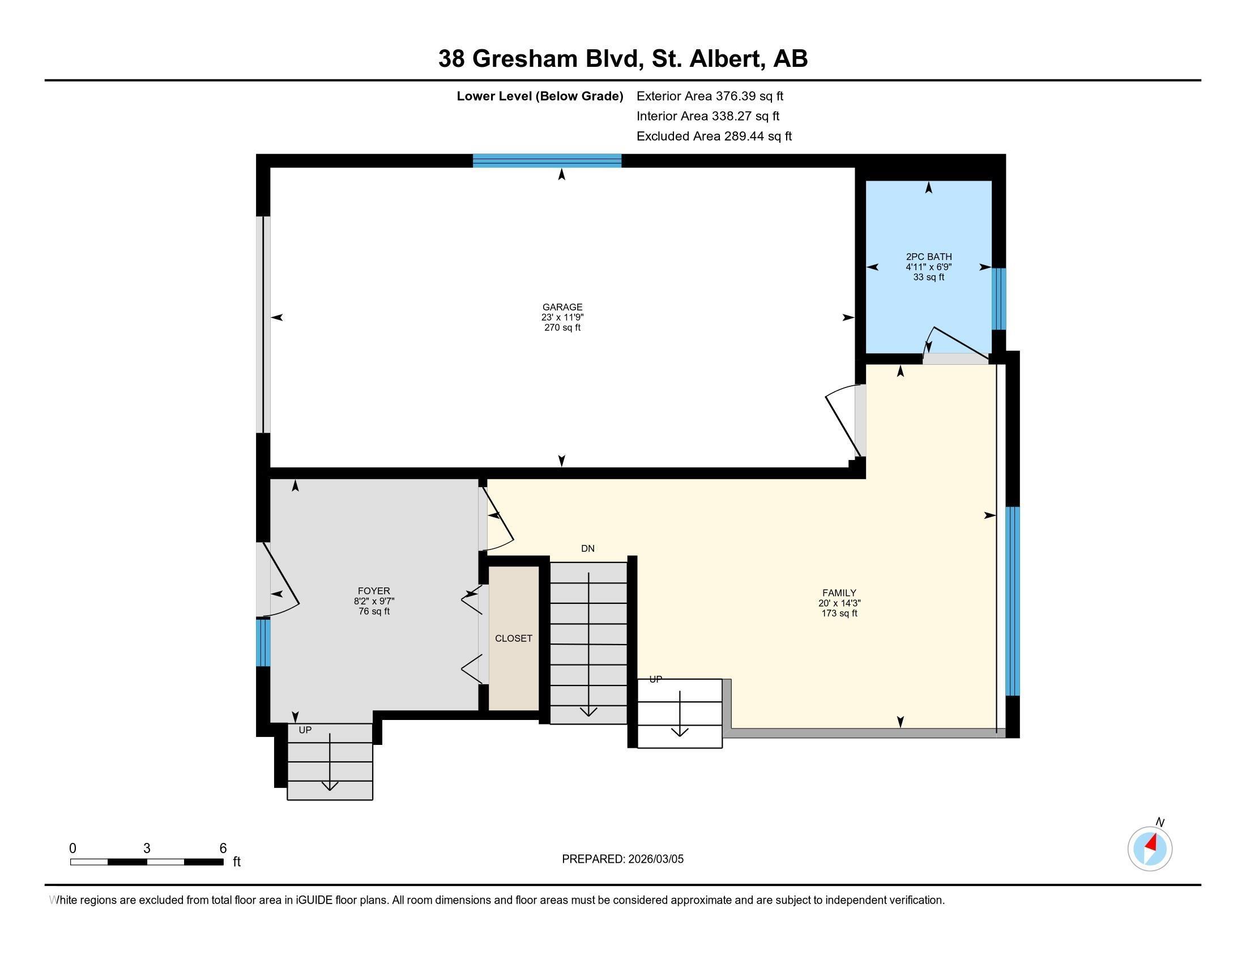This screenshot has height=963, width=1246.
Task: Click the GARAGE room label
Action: point(562,307)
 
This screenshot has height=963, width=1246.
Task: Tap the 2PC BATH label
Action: point(928,257)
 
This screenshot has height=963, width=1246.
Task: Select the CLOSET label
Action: point(514,638)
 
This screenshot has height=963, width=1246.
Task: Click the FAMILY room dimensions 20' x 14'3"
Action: point(839,603)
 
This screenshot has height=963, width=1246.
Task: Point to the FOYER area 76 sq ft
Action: point(374,612)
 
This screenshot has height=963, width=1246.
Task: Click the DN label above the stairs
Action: point(588,548)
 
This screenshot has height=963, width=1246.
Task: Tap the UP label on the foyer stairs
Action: point(305,730)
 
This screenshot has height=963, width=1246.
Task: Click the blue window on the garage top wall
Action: point(547,160)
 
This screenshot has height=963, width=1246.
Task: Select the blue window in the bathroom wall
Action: point(998,299)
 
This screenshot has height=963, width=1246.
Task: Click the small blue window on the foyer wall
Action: point(262,642)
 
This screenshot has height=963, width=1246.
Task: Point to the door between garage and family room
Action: point(844,422)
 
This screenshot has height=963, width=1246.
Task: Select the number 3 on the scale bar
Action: point(147,849)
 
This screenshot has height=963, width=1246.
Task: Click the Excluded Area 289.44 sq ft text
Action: point(714,137)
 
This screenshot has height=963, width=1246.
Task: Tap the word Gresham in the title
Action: point(525,59)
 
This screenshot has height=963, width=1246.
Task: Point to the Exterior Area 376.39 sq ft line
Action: point(710,96)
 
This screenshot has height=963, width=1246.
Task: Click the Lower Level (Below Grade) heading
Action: point(539,96)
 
